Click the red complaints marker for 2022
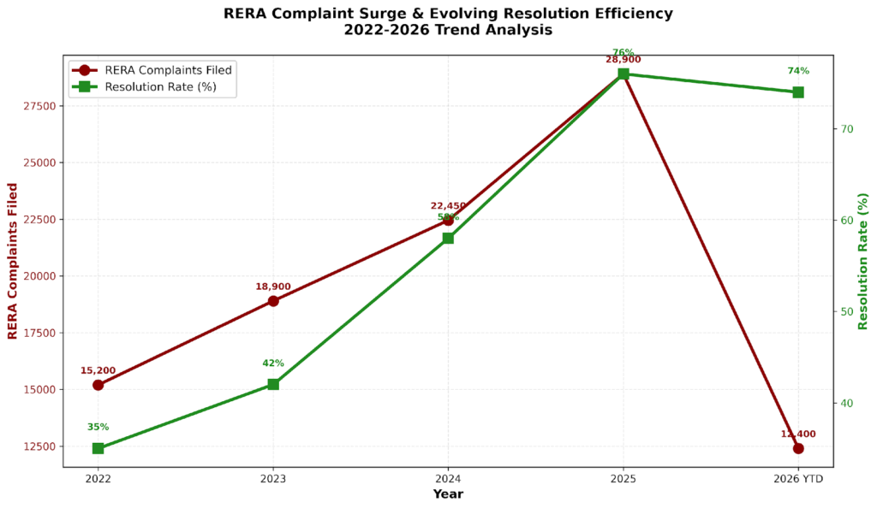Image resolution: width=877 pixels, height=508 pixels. click(x=98, y=385)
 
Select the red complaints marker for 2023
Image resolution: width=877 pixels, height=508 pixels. click(x=273, y=301)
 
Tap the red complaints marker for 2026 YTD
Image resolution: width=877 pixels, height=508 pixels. click(x=798, y=448)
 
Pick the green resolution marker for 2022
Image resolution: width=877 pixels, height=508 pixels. click(x=98, y=448)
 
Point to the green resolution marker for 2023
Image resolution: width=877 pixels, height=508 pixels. click(x=273, y=384)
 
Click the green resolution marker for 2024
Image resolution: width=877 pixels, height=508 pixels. click(x=448, y=238)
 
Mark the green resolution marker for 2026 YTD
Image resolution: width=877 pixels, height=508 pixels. click(x=798, y=92)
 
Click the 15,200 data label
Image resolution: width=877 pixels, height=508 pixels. click(x=98, y=370)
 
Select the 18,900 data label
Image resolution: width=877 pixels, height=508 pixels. click(x=273, y=286)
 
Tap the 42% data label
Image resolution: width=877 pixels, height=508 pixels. click(x=273, y=363)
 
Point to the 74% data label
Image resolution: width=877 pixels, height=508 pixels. click(x=798, y=71)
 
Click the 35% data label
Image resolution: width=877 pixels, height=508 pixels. click(x=98, y=427)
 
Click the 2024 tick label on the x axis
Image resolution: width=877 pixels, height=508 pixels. click(x=448, y=480)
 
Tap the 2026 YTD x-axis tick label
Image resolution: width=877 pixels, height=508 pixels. click(x=798, y=480)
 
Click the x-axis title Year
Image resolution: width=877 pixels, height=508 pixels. click(x=448, y=494)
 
